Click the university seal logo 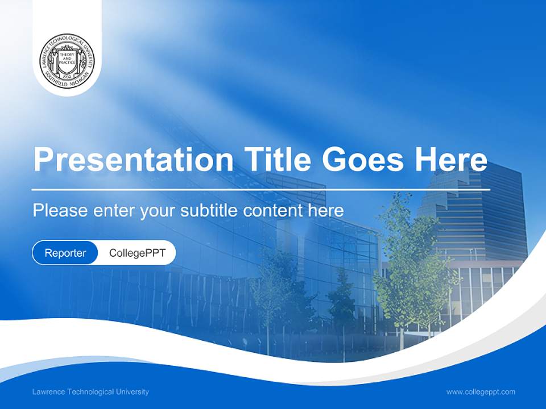[67, 60]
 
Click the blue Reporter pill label [65, 253]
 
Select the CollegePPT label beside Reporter [137, 253]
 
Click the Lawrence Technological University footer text [91, 391]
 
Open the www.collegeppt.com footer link [481, 391]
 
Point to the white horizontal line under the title [261, 189]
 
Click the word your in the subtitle [157, 211]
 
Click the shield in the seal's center [67, 59]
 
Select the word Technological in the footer [90, 391]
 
